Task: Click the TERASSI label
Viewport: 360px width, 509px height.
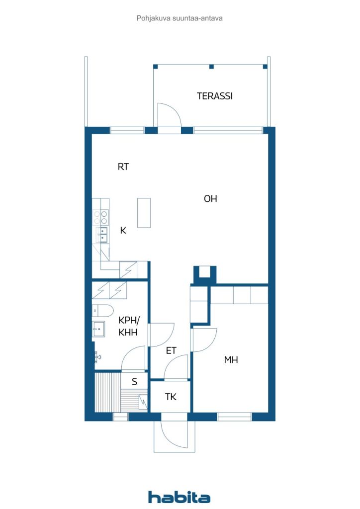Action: [215, 96]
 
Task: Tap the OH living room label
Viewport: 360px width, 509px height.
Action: [210, 199]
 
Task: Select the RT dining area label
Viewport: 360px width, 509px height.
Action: [123, 167]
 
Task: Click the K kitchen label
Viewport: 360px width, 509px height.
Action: [123, 231]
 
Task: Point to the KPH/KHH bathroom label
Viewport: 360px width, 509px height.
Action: [129, 327]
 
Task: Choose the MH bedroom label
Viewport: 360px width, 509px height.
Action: [231, 360]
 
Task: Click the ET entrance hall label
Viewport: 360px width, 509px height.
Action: [171, 350]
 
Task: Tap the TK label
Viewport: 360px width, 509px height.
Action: [171, 397]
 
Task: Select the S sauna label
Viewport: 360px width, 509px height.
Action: [135, 382]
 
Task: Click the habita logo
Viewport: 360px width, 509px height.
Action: [179, 497]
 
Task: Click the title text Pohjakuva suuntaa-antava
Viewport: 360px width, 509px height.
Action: [180, 18]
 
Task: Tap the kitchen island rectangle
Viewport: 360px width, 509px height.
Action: [144, 213]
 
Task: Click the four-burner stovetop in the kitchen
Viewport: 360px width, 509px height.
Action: [100, 218]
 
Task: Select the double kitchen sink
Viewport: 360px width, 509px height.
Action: [103, 235]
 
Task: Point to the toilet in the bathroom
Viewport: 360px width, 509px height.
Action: [102, 310]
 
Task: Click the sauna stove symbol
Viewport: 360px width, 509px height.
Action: [143, 402]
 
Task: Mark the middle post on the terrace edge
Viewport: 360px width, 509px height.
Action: [212, 67]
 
